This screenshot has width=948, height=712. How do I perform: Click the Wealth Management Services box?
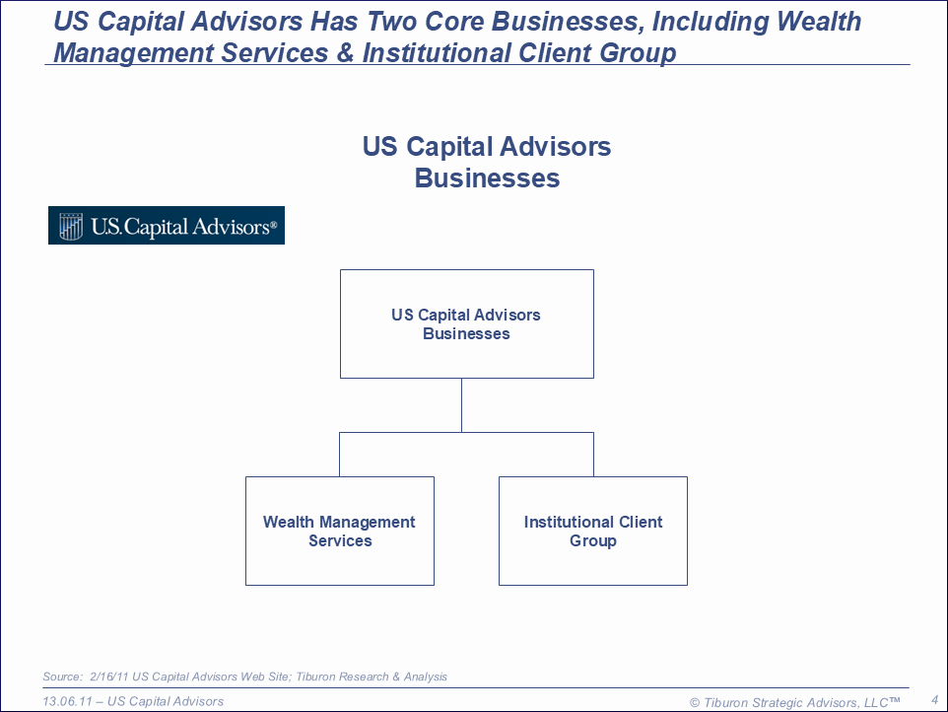[340, 531]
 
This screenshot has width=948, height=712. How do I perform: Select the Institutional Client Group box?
[593, 531]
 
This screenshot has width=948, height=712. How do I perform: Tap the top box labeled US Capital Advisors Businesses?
[467, 323]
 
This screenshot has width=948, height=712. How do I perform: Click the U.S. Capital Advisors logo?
[167, 226]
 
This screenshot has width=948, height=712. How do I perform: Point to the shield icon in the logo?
[71, 226]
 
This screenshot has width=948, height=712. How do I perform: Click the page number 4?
[935, 700]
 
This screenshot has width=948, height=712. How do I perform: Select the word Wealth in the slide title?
[819, 21]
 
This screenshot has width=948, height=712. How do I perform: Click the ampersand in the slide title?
[345, 52]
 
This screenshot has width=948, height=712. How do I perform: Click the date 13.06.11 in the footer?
[67, 701]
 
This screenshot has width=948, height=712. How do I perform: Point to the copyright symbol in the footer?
[695, 703]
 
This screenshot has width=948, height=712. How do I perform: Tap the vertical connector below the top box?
[461, 405]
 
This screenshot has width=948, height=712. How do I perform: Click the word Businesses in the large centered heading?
[487, 178]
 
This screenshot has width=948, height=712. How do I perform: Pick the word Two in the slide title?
[391, 21]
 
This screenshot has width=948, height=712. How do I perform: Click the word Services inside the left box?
[340, 540]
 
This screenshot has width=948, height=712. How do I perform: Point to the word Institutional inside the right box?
[569, 522]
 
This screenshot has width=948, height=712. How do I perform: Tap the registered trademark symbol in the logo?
[273, 225]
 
